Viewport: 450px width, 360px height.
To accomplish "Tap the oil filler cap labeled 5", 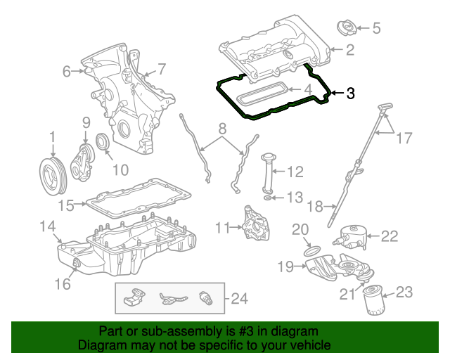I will [x=347, y=29].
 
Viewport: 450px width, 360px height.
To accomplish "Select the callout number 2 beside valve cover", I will [x=349, y=50].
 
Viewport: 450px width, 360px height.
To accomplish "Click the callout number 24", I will [x=240, y=300].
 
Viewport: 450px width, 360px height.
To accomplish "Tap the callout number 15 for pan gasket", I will [x=65, y=205].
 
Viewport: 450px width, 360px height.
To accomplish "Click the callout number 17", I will [x=404, y=139].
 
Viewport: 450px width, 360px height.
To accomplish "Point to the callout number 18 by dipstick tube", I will [x=314, y=206].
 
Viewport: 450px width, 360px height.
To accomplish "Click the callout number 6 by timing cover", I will [x=67, y=71].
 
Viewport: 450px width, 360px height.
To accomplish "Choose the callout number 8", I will [x=222, y=129].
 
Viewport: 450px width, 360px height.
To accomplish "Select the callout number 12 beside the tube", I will [x=295, y=171].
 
